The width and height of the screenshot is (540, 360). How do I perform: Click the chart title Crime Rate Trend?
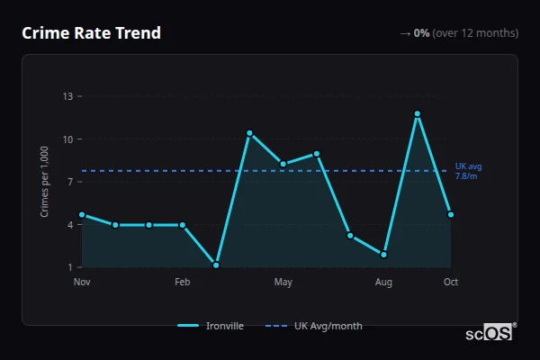tap(91, 33)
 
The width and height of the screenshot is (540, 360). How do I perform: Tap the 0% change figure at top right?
tap(422, 33)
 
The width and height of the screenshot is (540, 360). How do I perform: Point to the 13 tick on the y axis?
tap(67, 96)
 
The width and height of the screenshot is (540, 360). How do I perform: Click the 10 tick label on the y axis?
tap(67, 139)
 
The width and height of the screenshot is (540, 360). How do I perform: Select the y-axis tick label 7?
tap(70, 182)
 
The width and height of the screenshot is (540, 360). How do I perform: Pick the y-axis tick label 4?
tap(70, 225)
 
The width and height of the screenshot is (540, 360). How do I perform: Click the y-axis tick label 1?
tap(70, 267)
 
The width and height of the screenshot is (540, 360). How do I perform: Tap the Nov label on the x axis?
tap(82, 283)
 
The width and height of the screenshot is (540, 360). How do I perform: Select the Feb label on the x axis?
tap(183, 283)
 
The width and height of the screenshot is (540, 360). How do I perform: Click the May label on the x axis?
tap(283, 283)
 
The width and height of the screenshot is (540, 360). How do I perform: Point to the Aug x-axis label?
tap(384, 283)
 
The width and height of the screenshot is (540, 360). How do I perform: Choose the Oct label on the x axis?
tap(451, 283)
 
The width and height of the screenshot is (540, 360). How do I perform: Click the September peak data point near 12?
tap(418, 113)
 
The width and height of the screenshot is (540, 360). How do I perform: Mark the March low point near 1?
tap(216, 265)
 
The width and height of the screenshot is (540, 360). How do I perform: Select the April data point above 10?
tap(249, 133)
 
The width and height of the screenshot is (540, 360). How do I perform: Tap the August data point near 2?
tap(384, 255)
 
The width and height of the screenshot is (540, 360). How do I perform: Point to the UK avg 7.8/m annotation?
tap(468, 171)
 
